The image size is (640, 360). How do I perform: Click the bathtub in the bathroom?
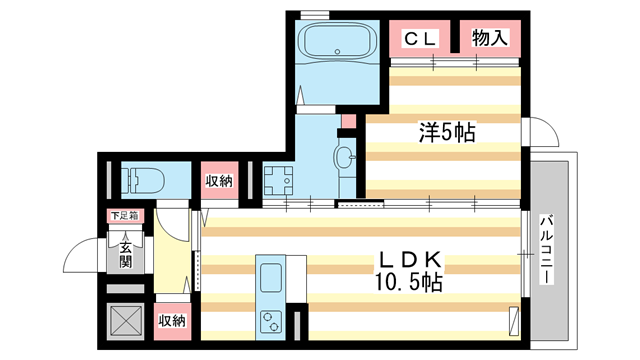click(337, 44)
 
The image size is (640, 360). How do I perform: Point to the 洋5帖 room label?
click(445, 131)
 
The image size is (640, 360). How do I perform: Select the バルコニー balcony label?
click(547, 249)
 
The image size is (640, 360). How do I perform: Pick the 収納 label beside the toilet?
click(219, 181)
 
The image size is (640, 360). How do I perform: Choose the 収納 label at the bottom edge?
click(173, 320)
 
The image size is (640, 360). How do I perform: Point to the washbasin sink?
click(344, 157)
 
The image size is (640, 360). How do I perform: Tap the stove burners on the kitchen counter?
click(271, 320)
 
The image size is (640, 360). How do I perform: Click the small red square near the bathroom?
click(348, 121)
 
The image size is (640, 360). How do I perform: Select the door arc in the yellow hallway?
click(175, 222)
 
